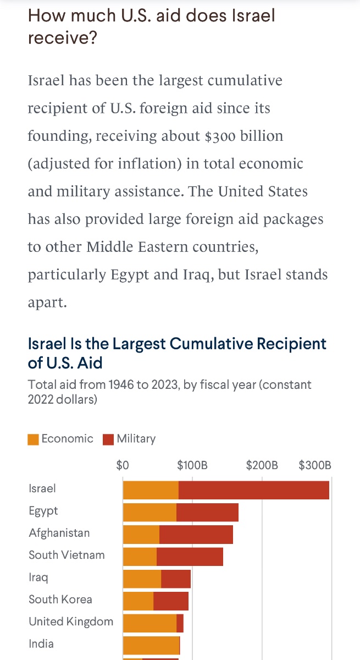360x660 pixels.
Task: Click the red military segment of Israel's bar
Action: (253, 490)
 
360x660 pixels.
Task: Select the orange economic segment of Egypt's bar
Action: (149, 512)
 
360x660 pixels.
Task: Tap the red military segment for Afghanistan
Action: (196, 535)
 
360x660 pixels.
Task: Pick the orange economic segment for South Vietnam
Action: (140, 557)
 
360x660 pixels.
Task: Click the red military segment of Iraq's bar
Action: (176, 579)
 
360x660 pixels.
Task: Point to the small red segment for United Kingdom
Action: (180, 623)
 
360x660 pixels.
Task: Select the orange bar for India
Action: (151, 645)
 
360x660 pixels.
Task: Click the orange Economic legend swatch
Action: (34, 439)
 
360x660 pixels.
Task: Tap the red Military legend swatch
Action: (109, 439)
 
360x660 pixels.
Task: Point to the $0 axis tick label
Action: (123, 465)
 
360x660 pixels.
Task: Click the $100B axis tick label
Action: (192, 465)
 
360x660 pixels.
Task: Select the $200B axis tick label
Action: (262, 465)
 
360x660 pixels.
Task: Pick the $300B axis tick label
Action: (315, 465)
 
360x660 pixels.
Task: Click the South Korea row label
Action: (60, 599)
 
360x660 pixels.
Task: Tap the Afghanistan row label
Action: (59, 533)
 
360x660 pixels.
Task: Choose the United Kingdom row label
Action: (71, 621)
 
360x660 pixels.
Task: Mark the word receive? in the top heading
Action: (62, 39)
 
